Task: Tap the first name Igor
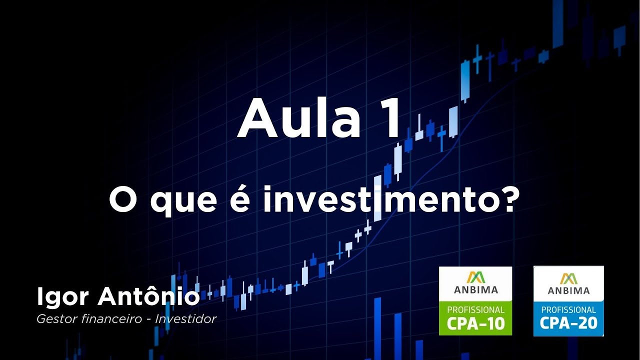pos(62,298)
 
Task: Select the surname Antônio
pos(149,297)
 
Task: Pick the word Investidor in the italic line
pos(185,319)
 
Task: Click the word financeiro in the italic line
pos(111,319)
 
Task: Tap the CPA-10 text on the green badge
pos(475,323)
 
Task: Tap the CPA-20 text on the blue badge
pos(568,323)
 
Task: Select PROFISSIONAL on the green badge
pos(475,310)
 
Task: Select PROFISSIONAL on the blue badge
pos(568,310)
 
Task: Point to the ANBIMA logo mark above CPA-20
pos(568,278)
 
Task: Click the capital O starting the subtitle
pos(120,200)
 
